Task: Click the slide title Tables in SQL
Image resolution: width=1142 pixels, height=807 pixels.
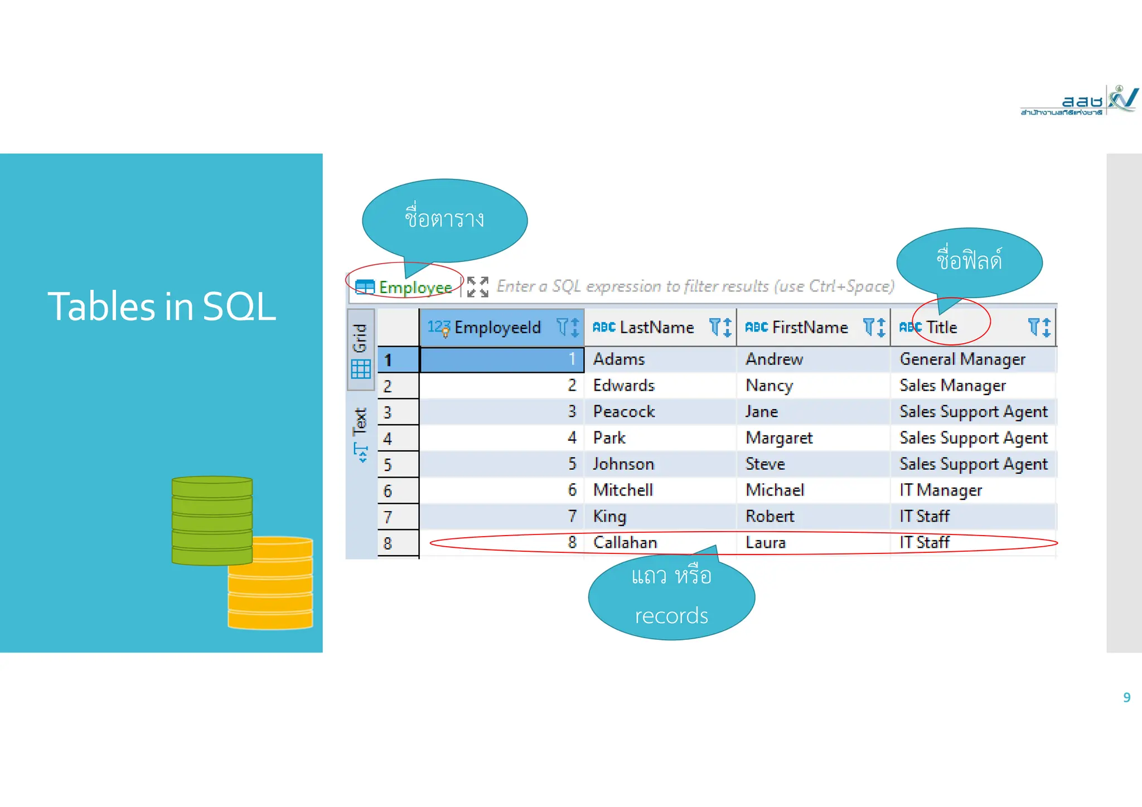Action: tap(162, 307)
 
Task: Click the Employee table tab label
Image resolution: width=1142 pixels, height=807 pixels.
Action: tap(415, 288)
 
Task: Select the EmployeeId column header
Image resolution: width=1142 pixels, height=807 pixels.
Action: tap(497, 328)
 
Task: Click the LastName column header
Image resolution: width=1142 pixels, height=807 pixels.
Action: tap(656, 328)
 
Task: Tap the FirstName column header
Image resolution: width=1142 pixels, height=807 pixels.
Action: tap(810, 328)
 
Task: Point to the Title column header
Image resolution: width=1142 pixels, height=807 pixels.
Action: tap(941, 328)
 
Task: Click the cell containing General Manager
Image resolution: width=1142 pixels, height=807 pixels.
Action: tap(962, 359)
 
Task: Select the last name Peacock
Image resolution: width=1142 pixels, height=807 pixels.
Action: tap(623, 412)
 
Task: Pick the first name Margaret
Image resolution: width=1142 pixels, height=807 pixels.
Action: tap(779, 438)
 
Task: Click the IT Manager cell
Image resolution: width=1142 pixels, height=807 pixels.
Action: tap(940, 490)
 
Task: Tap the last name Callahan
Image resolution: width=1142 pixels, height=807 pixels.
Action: tap(625, 543)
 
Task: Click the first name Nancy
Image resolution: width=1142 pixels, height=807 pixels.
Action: tap(769, 386)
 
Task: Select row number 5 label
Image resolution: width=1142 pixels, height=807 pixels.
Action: tap(388, 465)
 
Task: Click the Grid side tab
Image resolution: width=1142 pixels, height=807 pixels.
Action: tap(360, 349)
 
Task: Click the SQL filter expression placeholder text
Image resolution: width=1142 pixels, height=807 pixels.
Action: tap(695, 286)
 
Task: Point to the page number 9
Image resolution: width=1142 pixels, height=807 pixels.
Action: tap(1126, 698)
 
